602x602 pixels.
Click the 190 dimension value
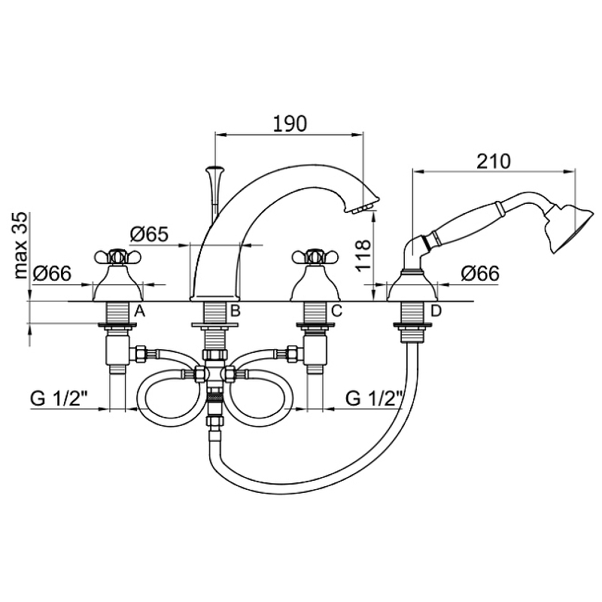(290, 123)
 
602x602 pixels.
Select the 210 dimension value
(494, 161)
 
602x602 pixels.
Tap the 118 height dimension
(363, 256)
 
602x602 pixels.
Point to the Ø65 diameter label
(149, 234)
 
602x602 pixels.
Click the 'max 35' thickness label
(21, 245)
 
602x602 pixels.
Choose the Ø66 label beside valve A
(52, 273)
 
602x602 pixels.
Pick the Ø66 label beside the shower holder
(480, 273)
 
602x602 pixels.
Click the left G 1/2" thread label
(59, 399)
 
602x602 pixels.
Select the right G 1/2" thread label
(374, 399)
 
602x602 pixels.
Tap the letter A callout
(139, 311)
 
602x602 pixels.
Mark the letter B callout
(235, 311)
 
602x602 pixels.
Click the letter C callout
(336, 311)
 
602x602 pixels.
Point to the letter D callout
(436, 311)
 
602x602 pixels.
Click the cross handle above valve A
(118, 257)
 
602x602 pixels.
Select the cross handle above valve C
(315, 257)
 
